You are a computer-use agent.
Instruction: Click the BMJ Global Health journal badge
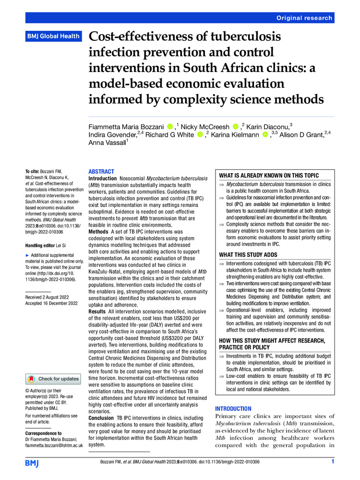pyautogui.click(x=53, y=36)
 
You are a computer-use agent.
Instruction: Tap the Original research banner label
pyautogui.click(x=304, y=18)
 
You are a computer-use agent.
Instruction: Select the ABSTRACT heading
pyautogui.click(x=102, y=171)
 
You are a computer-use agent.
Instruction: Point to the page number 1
pyautogui.click(x=332, y=462)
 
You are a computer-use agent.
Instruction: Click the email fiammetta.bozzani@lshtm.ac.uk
pyautogui.click(x=54, y=445)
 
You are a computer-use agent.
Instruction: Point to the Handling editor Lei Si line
pyautogui.click(x=48, y=245)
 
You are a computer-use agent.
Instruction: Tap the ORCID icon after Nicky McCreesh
pyautogui.click(x=235, y=127)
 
